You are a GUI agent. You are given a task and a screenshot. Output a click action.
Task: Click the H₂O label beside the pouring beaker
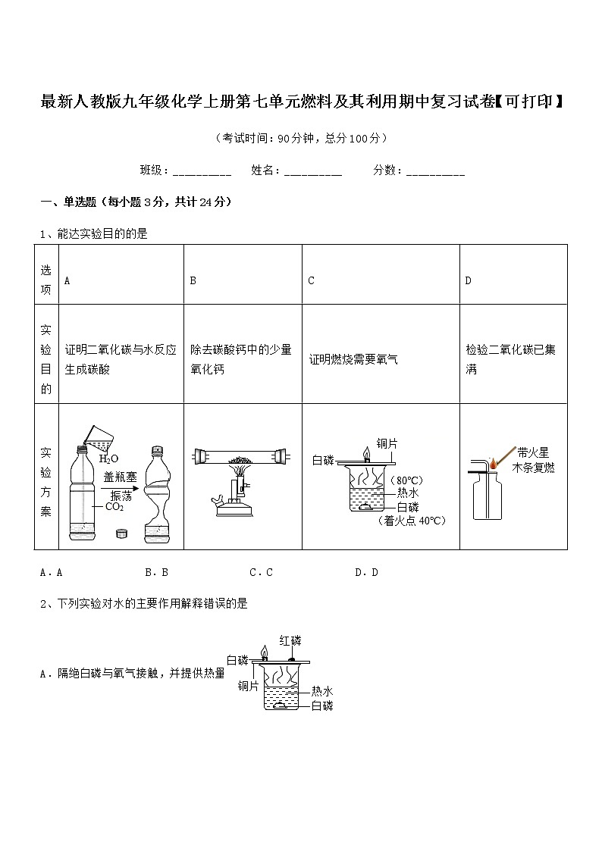point(109,458)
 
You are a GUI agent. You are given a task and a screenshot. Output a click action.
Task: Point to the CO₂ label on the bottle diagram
point(114,506)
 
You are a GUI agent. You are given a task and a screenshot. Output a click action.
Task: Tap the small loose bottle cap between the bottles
point(121,533)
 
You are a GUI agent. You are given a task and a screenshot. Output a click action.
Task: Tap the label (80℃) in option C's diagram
point(406,480)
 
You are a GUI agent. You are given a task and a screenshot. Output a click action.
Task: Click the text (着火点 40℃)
point(412,521)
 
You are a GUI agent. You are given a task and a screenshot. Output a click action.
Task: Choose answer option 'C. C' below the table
point(261,572)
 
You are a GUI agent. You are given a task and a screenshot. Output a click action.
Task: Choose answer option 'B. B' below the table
point(156,572)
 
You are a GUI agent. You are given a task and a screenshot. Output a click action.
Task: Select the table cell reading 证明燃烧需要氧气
point(353,359)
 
